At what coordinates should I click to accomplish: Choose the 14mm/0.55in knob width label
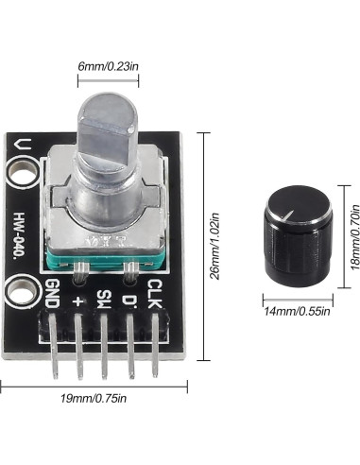tap(296, 310)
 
